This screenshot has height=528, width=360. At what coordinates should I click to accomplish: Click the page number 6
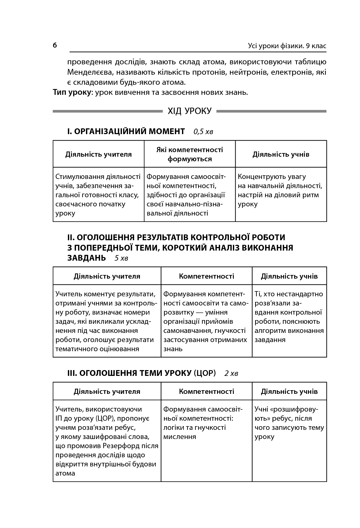click(55, 45)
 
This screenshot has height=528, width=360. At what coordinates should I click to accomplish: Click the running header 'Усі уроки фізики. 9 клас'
click(287, 46)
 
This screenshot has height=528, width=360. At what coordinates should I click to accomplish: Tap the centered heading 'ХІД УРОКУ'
click(189, 111)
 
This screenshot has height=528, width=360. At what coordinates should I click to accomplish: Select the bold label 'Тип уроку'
click(72, 92)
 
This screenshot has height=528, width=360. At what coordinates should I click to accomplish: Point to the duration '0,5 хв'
click(203, 132)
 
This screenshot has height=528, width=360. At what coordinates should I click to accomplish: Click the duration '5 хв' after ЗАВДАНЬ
click(121, 258)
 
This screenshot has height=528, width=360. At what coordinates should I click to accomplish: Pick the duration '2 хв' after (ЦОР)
click(231, 373)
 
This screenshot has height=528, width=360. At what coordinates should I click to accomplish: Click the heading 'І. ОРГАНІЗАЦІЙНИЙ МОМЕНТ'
click(126, 131)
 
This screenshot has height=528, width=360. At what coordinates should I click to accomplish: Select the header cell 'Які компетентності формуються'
click(190, 154)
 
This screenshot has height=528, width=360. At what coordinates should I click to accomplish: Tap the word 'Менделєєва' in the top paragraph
click(87, 72)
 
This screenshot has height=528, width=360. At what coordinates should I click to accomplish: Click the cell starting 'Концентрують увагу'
click(280, 190)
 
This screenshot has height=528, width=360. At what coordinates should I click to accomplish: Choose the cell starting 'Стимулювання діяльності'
click(98, 195)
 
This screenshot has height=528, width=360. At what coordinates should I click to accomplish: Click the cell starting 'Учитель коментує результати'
click(107, 321)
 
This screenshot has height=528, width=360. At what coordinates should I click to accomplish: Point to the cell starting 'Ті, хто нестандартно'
click(289, 317)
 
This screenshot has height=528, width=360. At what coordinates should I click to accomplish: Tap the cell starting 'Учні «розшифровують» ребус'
click(289, 423)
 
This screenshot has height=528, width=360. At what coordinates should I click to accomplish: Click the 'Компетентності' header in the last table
click(206, 391)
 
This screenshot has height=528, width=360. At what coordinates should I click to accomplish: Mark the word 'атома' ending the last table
click(65, 473)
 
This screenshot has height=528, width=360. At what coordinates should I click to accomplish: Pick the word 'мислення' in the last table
click(180, 437)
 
